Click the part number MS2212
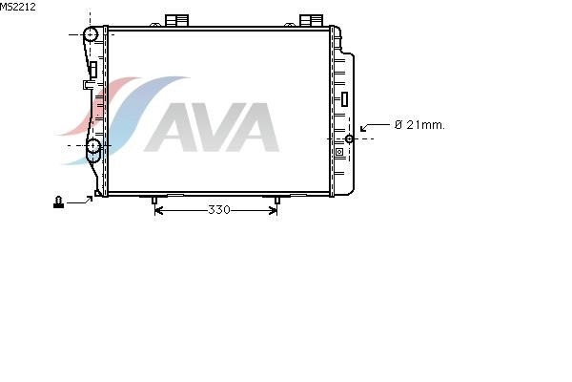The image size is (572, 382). click(18, 7)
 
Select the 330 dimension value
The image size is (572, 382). click(219, 210)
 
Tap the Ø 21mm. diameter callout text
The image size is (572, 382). click(419, 125)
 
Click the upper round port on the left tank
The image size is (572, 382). click(91, 34)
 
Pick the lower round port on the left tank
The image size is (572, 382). click(93, 146)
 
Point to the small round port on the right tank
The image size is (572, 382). click(349, 138)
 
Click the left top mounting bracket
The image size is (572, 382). click(177, 20)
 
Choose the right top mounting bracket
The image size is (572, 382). click(311, 20)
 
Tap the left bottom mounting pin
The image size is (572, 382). click(154, 200)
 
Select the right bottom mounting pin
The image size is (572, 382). click(276, 200)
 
